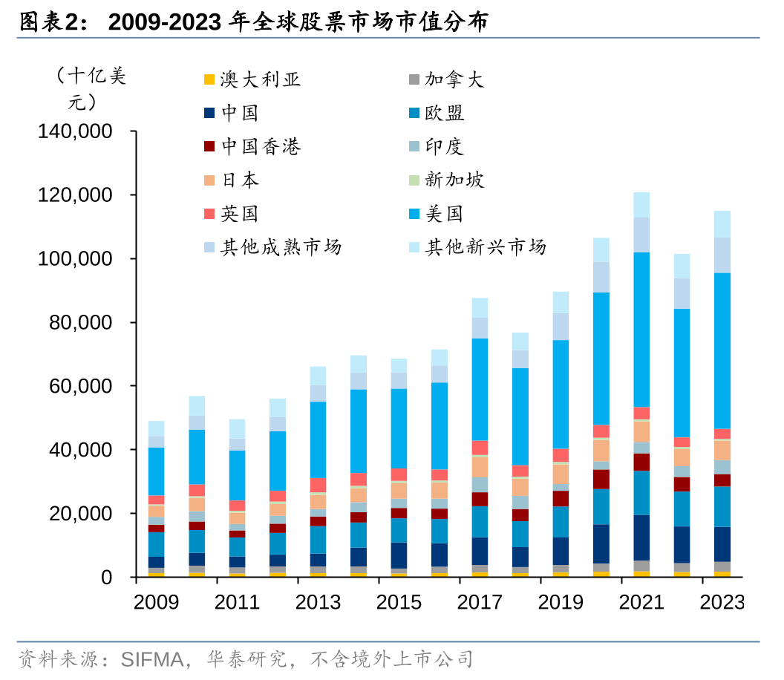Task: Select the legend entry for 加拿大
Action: [x=454, y=79]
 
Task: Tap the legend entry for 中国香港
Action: [x=260, y=147]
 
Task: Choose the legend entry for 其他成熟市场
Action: [x=280, y=247]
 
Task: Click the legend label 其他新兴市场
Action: [x=485, y=247]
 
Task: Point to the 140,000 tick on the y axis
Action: [x=75, y=131]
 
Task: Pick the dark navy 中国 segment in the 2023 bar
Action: [x=722, y=544]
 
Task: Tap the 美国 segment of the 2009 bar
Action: [x=157, y=471]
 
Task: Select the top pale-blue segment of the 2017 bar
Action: [x=480, y=308]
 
